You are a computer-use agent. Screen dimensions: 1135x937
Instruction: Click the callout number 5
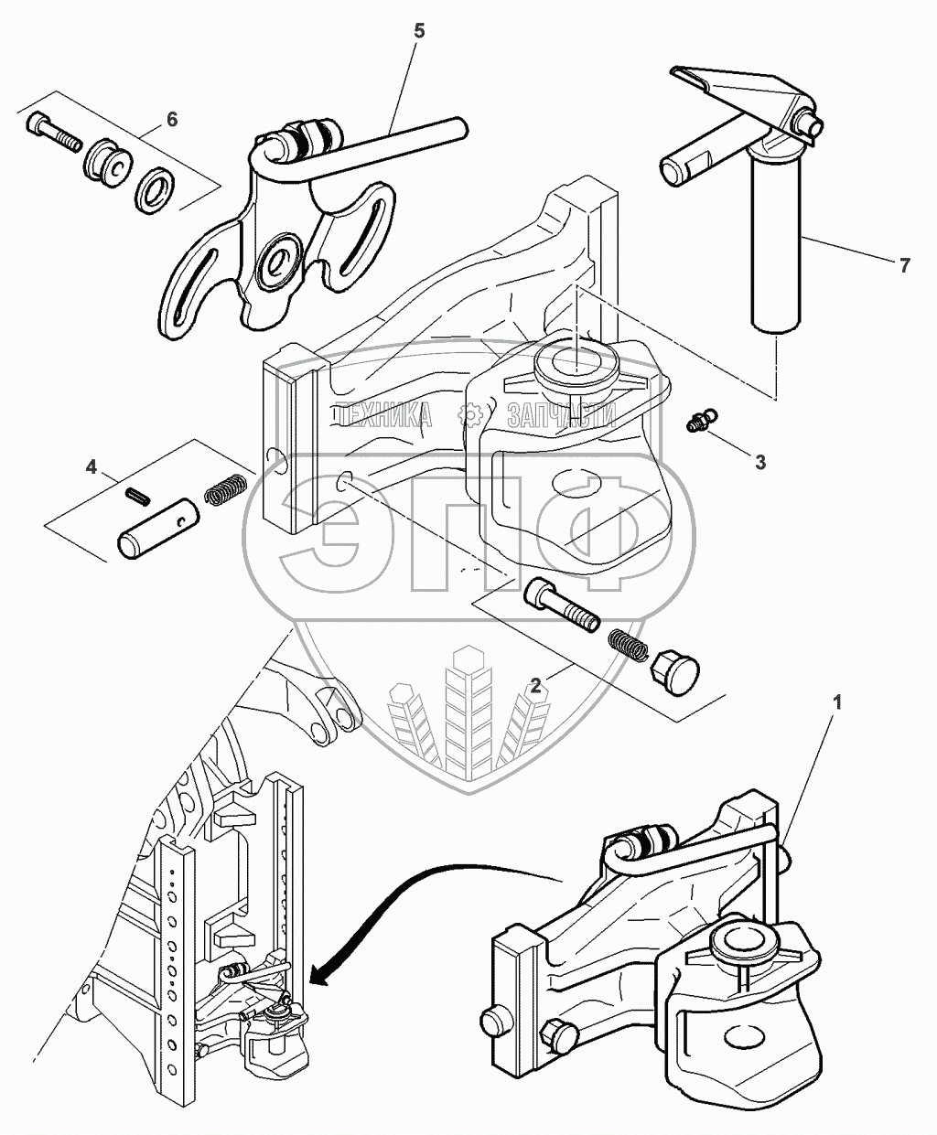(419, 30)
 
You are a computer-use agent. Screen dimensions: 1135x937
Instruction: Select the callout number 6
(172, 120)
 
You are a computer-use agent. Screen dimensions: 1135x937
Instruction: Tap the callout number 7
(904, 265)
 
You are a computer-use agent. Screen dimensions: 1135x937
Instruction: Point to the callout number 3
(760, 462)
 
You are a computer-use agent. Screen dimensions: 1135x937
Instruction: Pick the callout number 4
(92, 467)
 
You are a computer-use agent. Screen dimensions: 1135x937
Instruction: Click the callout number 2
(533, 684)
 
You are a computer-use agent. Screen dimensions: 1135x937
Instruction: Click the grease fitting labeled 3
(700, 423)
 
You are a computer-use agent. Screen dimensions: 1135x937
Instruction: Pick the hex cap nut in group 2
(673, 674)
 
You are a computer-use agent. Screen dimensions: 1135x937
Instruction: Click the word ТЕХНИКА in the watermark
(384, 416)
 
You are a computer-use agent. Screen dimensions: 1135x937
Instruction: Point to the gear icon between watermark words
(469, 417)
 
